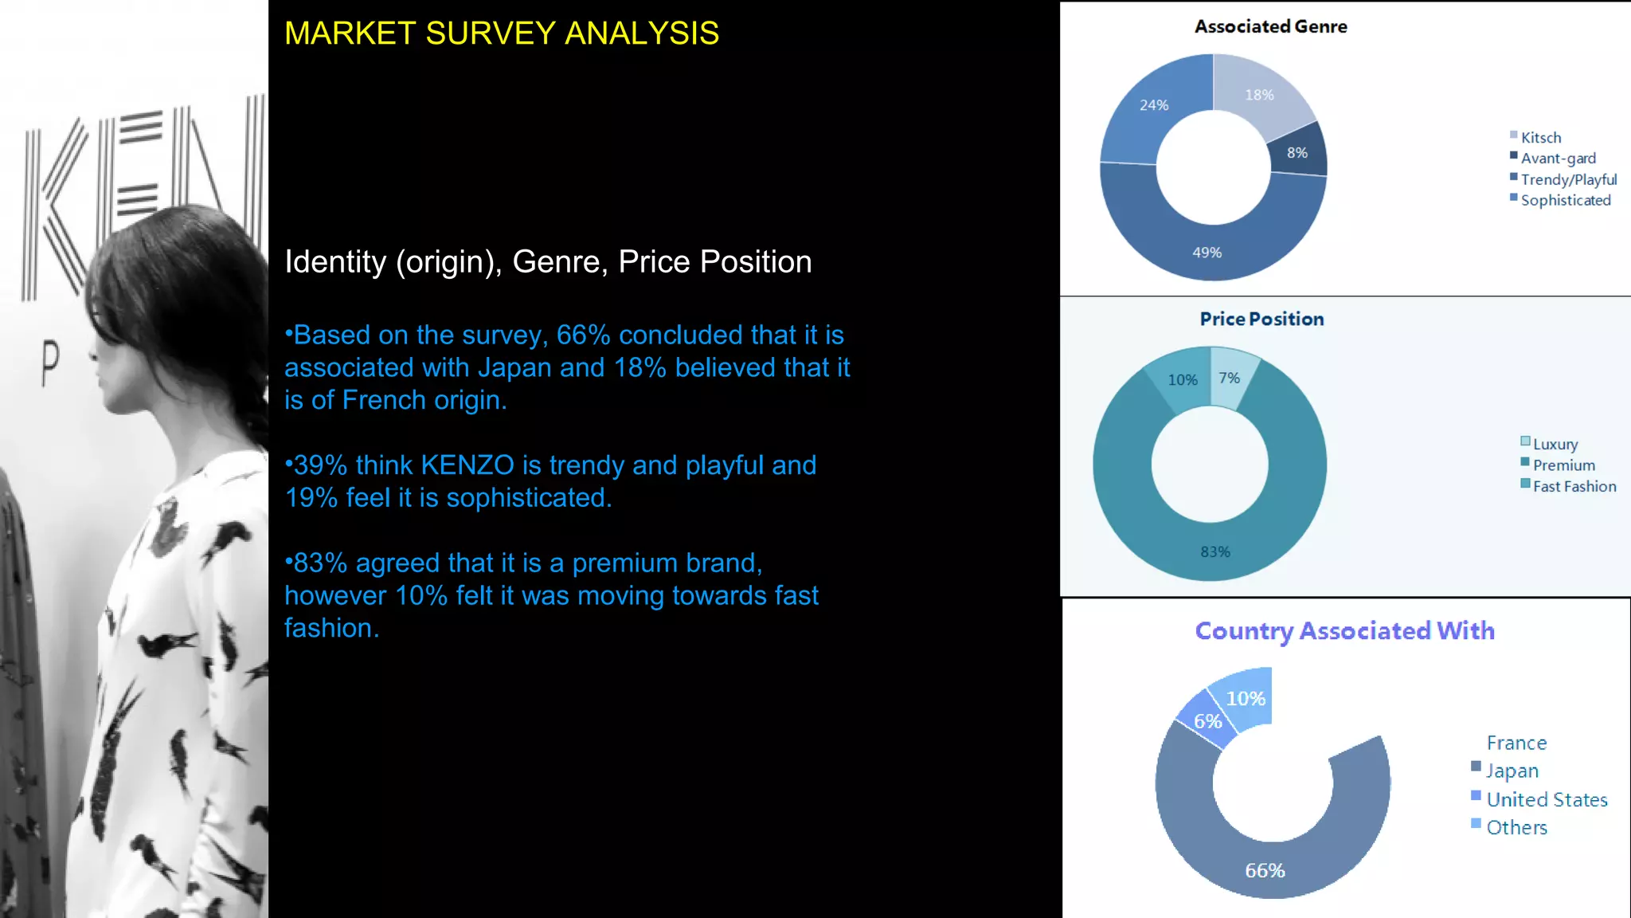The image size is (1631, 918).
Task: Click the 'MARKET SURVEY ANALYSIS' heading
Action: pyautogui.click(x=502, y=33)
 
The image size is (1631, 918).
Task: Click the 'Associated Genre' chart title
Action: pyautogui.click(x=1270, y=27)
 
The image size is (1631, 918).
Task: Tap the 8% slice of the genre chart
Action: pyautogui.click(x=1297, y=152)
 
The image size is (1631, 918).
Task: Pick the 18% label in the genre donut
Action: pyautogui.click(x=1259, y=95)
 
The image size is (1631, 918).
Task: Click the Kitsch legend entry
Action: pyautogui.click(x=1540, y=138)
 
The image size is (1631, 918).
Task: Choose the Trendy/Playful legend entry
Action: pyautogui.click(x=1568, y=179)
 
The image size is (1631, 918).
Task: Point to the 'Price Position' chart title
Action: pyautogui.click(x=1261, y=319)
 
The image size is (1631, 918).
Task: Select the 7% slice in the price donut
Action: pyautogui.click(x=1230, y=378)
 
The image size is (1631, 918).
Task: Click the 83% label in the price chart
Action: pyautogui.click(x=1215, y=551)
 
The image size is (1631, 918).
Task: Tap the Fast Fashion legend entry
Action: pyautogui.click(x=1574, y=486)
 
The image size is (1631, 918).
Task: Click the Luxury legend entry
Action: pyautogui.click(x=1555, y=444)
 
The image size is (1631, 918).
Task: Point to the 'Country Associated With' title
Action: pyautogui.click(x=1344, y=631)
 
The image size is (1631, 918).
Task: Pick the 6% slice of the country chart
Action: pyautogui.click(x=1207, y=721)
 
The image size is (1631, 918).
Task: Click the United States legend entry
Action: pyautogui.click(x=1547, y=799)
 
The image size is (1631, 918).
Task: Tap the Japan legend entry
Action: pyautogui.click(x=1512, y=771)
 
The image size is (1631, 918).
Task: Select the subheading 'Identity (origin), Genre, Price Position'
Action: pyautogui.click(x=548, y=262)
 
